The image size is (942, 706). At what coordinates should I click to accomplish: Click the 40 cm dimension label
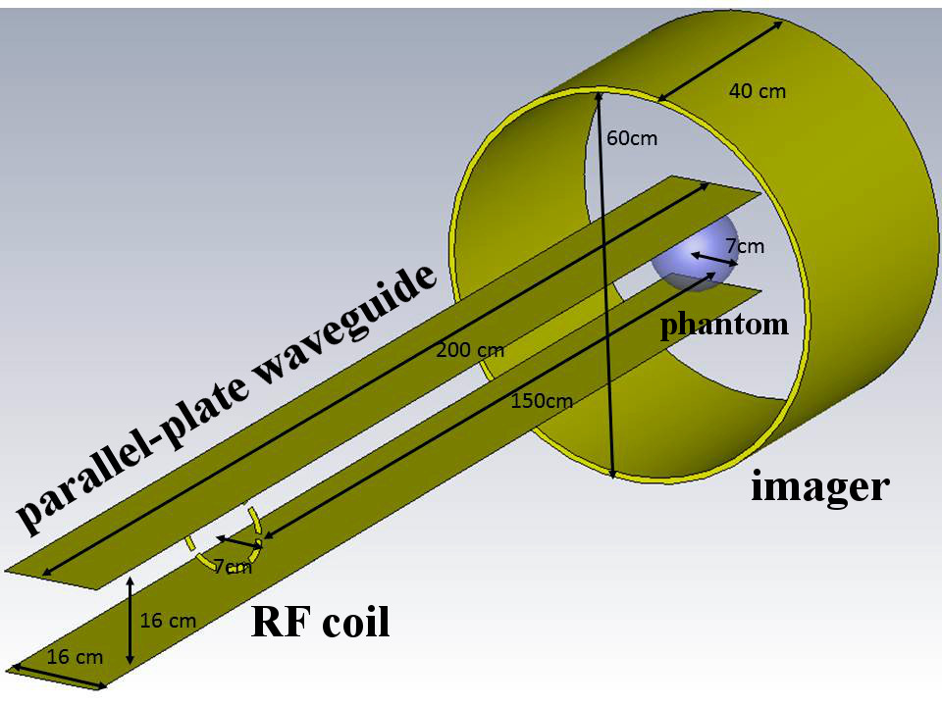757,91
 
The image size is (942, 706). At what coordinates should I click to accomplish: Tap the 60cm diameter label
632,138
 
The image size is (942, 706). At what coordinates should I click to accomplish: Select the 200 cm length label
469,350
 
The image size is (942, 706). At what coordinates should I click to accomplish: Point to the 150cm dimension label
542,400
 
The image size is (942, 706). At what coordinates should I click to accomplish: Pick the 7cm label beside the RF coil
233,566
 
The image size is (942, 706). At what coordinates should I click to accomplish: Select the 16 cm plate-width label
74,657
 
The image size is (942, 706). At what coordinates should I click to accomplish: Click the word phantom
724,325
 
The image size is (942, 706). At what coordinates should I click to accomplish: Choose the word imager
819,486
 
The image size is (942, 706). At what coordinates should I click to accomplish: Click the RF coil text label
321,623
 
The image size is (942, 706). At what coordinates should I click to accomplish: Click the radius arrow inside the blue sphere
712,259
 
